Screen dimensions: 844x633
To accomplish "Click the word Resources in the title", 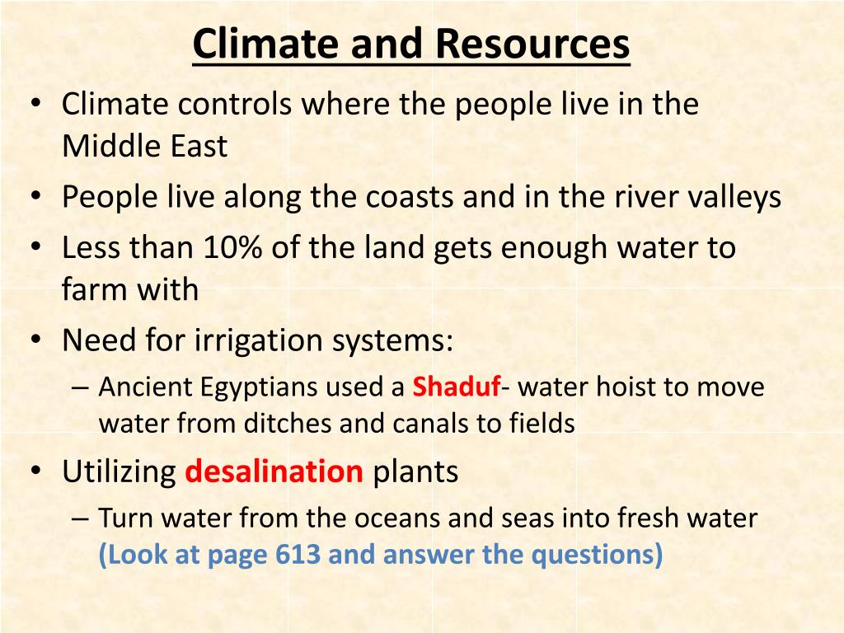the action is [x=532, y=44].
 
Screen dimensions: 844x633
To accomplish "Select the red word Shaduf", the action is [x=457, y=387].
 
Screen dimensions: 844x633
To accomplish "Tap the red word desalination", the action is [x=274, y=471].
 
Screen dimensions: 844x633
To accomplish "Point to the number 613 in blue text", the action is [x=298, y=554].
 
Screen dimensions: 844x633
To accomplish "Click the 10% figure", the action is [x=232, y=247].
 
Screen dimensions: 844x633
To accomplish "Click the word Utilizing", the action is [x=119, y=472].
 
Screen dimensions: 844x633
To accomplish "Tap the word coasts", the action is [x=410, y=197].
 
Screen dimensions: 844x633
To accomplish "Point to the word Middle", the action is [x=104, y=145].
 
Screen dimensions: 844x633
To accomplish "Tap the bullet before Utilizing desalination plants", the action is [x=36, y=471].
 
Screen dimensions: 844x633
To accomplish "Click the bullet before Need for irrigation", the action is [x=36, y=340].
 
